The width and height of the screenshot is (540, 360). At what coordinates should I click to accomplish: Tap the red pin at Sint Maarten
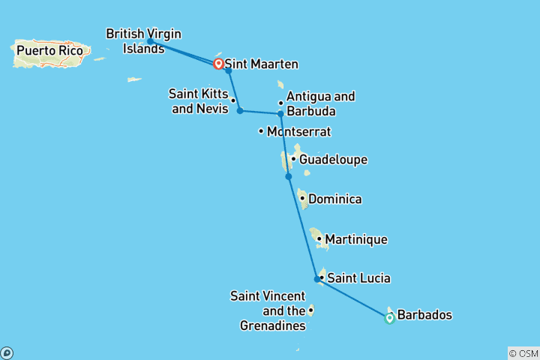(x=218, y=64)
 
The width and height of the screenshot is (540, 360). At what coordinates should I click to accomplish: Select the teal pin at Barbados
(x=389, y=318)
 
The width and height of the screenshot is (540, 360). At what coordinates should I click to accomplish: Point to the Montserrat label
(x=298, y=131)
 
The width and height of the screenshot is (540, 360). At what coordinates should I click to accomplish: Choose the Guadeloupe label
(x=333, y=159)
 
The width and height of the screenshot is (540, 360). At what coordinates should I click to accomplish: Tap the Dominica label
(x=334, y=199)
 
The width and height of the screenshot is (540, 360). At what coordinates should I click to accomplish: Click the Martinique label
(x=356, y=239)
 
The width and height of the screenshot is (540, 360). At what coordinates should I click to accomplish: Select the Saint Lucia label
(x=358, y=278)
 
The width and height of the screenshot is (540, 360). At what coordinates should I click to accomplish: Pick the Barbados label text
(x=424, y=315)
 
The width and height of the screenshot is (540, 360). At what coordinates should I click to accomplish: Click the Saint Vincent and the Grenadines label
(x=268, y=310)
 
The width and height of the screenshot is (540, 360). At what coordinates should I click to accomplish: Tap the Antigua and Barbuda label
(x=320, y=103)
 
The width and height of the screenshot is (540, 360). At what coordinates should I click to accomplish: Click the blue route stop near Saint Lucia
(x=317, y=279)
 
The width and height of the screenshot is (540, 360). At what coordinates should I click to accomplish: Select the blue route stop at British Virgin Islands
(x=150, y=41)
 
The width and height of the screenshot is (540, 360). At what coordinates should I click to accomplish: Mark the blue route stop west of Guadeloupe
(x=288, y=176)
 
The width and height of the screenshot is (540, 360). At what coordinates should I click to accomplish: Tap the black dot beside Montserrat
(x=261, y=131)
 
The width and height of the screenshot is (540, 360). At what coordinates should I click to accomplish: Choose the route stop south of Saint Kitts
(x=240, y=111)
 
